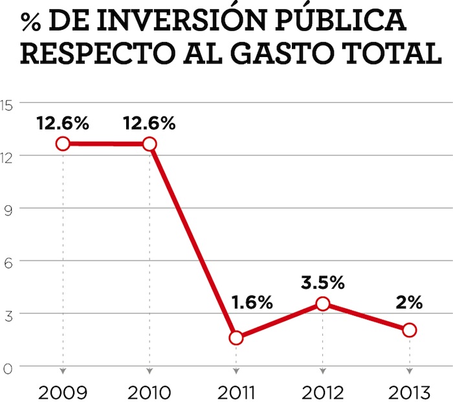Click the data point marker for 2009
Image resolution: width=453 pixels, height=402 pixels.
63,144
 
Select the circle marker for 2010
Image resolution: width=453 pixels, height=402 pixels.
149,144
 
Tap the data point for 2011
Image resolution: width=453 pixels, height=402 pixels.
236,337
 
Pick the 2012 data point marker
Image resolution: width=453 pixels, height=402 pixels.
323,304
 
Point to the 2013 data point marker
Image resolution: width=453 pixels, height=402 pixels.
410,330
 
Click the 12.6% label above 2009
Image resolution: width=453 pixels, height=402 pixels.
63,123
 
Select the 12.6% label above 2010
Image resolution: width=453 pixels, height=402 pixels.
149,123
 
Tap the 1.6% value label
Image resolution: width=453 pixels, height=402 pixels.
252,302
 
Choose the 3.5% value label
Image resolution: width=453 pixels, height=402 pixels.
323,282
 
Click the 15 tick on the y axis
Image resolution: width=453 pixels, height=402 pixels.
8,103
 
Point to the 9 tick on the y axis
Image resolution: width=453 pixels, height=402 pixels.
8,208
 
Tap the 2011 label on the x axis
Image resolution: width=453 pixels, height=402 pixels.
236,392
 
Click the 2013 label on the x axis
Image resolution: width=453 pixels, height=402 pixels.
410,392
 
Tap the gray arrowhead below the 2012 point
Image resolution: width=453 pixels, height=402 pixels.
323,372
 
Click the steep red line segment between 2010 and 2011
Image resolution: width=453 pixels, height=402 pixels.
193,241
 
